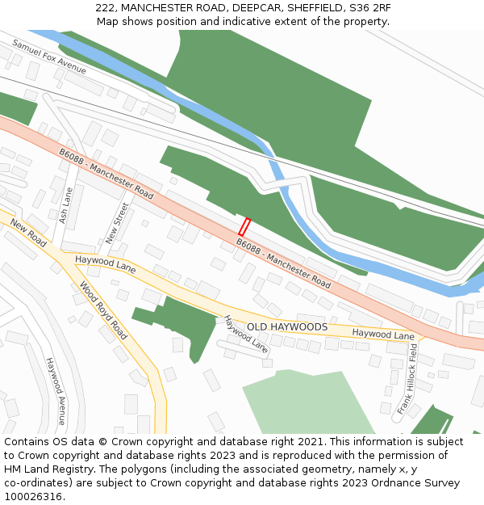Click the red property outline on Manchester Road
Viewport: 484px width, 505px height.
(x=244, y=227)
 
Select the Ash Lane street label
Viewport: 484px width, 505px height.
(x=67, y=206)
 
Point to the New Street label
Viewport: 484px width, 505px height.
(x=117, y=223)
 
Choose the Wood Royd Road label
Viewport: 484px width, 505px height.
(x=103, y=310)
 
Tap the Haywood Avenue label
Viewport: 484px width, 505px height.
(x=55, y=392)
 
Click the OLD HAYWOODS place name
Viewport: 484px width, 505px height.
(x=287, y=327)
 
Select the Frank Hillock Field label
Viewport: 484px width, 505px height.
(x=407, y=379)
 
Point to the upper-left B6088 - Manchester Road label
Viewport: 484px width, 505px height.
(x=106, y=174)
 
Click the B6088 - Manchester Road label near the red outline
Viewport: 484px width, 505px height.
(x=283, y=263)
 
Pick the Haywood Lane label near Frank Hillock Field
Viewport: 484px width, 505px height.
(x=382, y=334)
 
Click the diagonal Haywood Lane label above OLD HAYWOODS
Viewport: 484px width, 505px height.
(x=246, y=335)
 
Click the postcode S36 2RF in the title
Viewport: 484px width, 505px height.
(x=368, y=7)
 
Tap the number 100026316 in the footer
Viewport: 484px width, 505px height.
(x=33, y=497)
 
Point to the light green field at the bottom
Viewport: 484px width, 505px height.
(x=307, y=404)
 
